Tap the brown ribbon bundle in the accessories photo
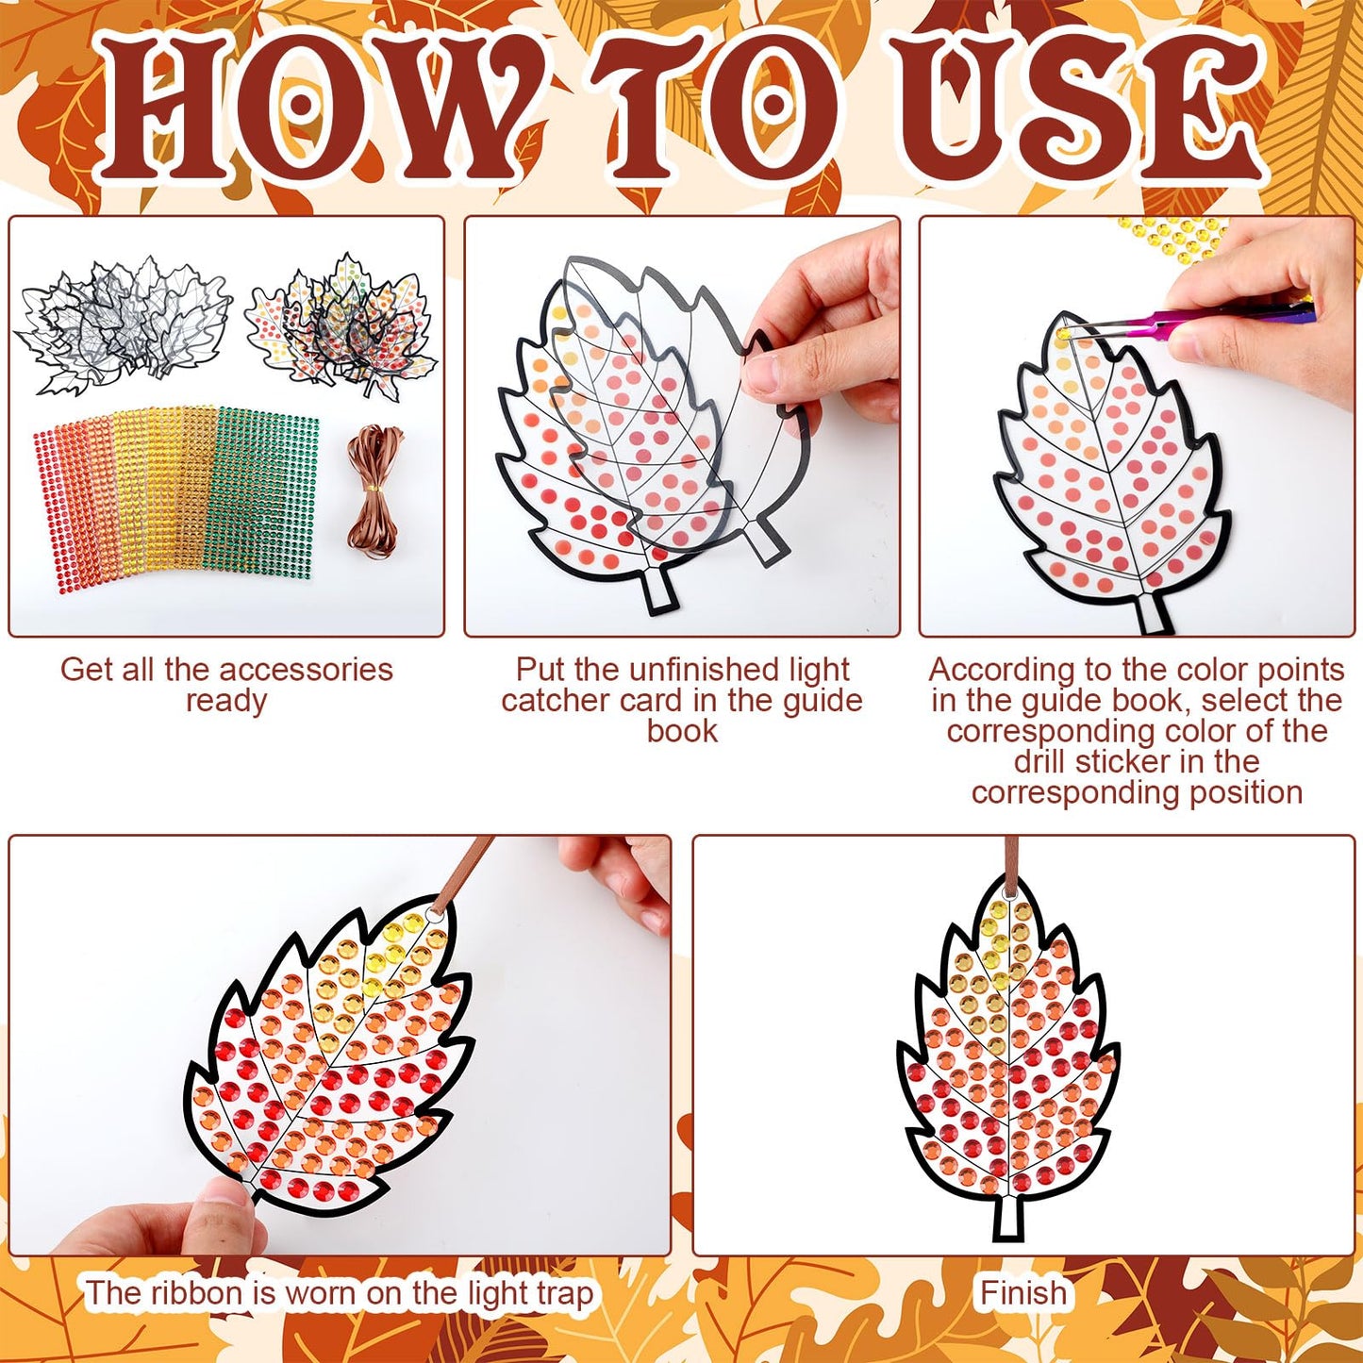tap(374, 490)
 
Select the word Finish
tap(1023, 1292)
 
